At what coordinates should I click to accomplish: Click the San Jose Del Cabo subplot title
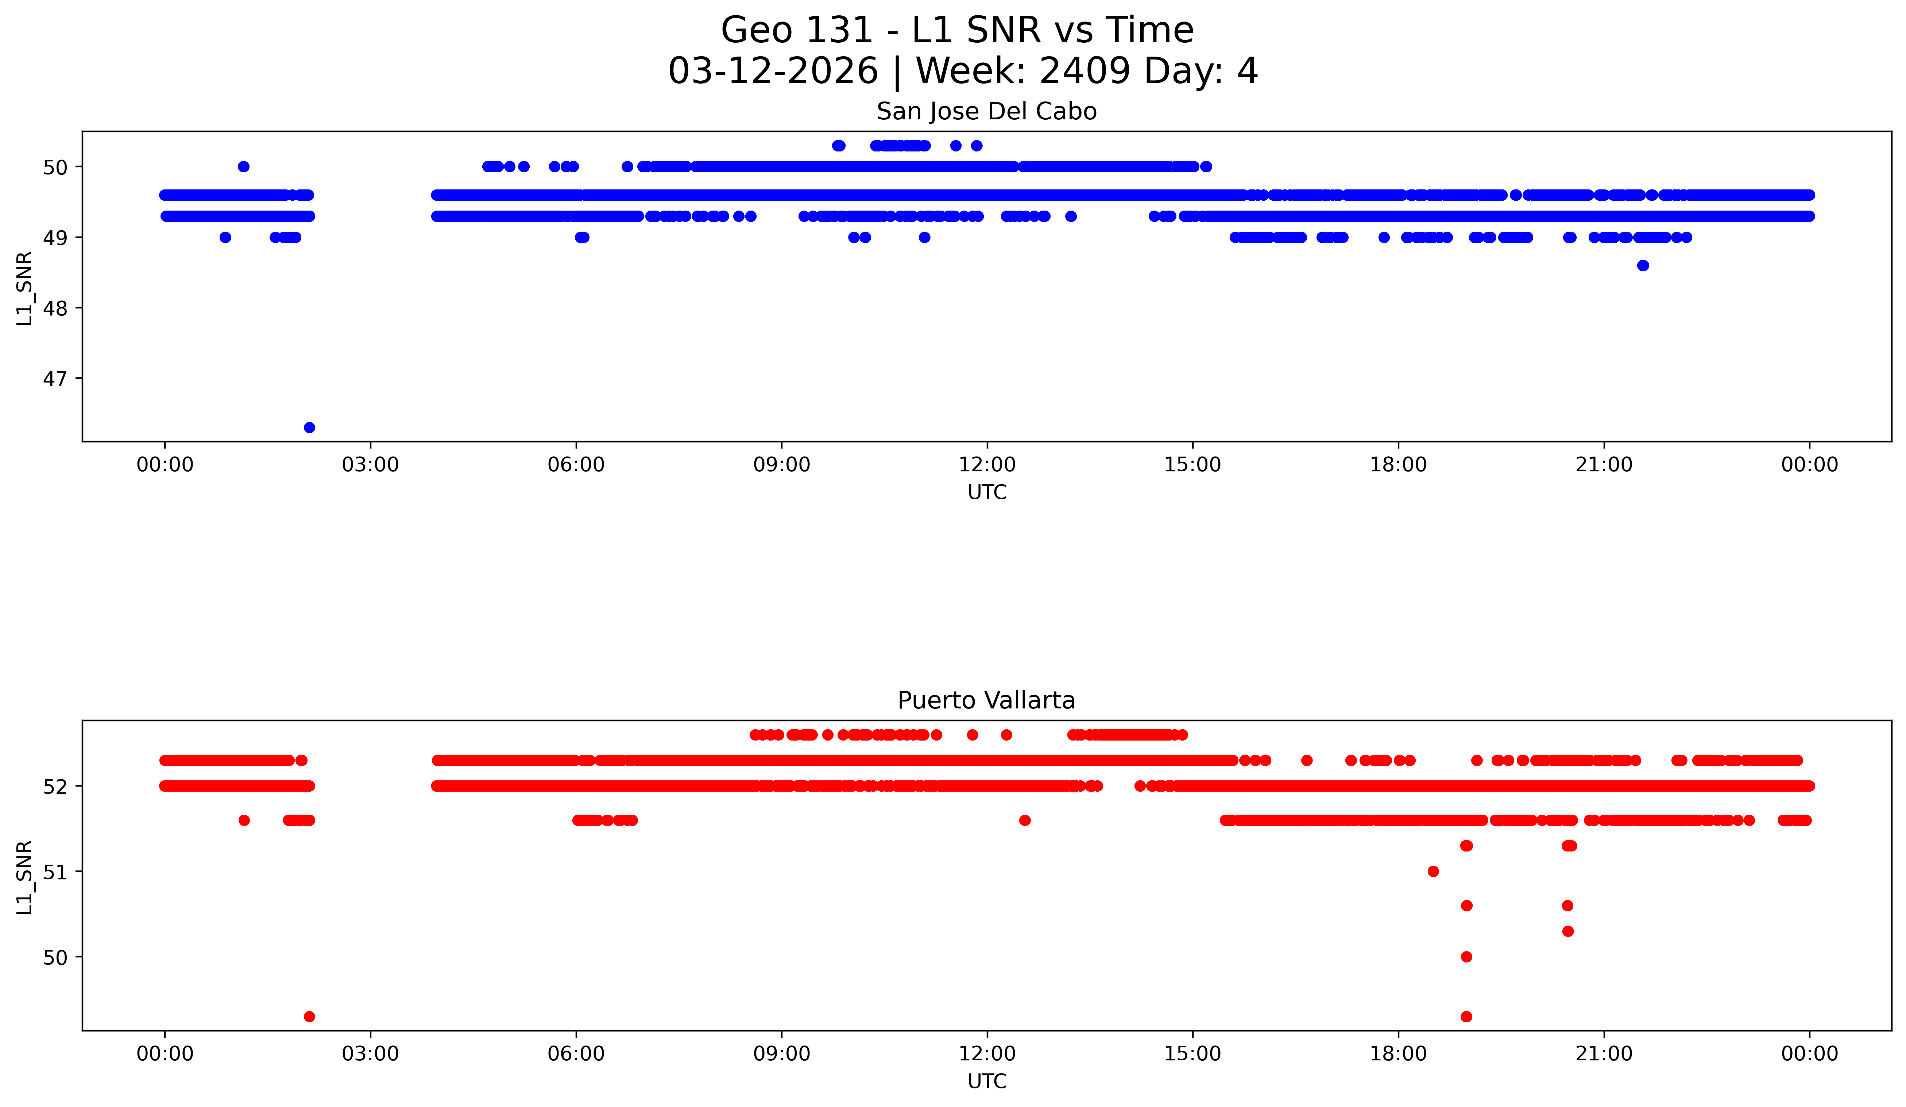(x=986, y=112)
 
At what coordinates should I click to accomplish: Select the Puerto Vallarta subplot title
(x=986, y=701)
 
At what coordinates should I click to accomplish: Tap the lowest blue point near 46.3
(x=309, y=427)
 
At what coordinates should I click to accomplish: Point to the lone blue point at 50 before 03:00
(x=244, y=166)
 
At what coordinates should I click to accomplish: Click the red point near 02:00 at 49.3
(x=309, y=1016)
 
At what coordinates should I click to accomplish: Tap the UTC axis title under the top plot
(x=987, y=493)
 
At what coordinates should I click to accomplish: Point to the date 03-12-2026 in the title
(x=773, y=71)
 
